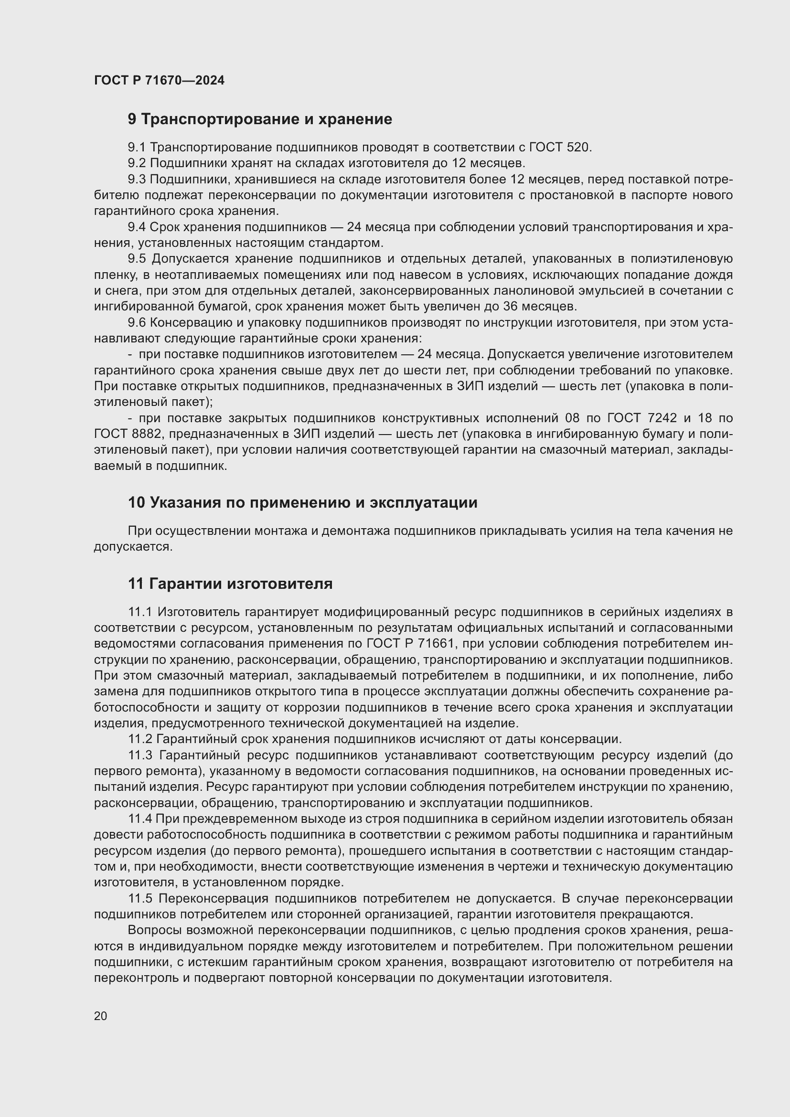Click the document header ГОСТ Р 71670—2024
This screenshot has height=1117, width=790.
tap(159, 80)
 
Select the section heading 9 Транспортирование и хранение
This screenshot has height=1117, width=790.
tap(260, 119)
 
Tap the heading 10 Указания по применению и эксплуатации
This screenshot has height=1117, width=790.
tap(302, 502)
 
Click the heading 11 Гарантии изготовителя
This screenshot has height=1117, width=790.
tap(230, 583)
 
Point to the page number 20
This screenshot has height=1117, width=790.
tap(100, 1016)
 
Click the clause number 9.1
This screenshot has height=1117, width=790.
tap(137, 148)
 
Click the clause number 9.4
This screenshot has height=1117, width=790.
tap(137, 227)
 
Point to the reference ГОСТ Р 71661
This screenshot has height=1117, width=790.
tap(411, 644)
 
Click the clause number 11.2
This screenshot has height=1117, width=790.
tap(140, 739)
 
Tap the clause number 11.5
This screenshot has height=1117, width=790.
tap(140, 898)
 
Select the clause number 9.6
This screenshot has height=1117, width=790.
tap(137, 322)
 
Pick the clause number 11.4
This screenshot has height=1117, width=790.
tap(140, 819)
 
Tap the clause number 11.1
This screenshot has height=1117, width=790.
tap(140, 612)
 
